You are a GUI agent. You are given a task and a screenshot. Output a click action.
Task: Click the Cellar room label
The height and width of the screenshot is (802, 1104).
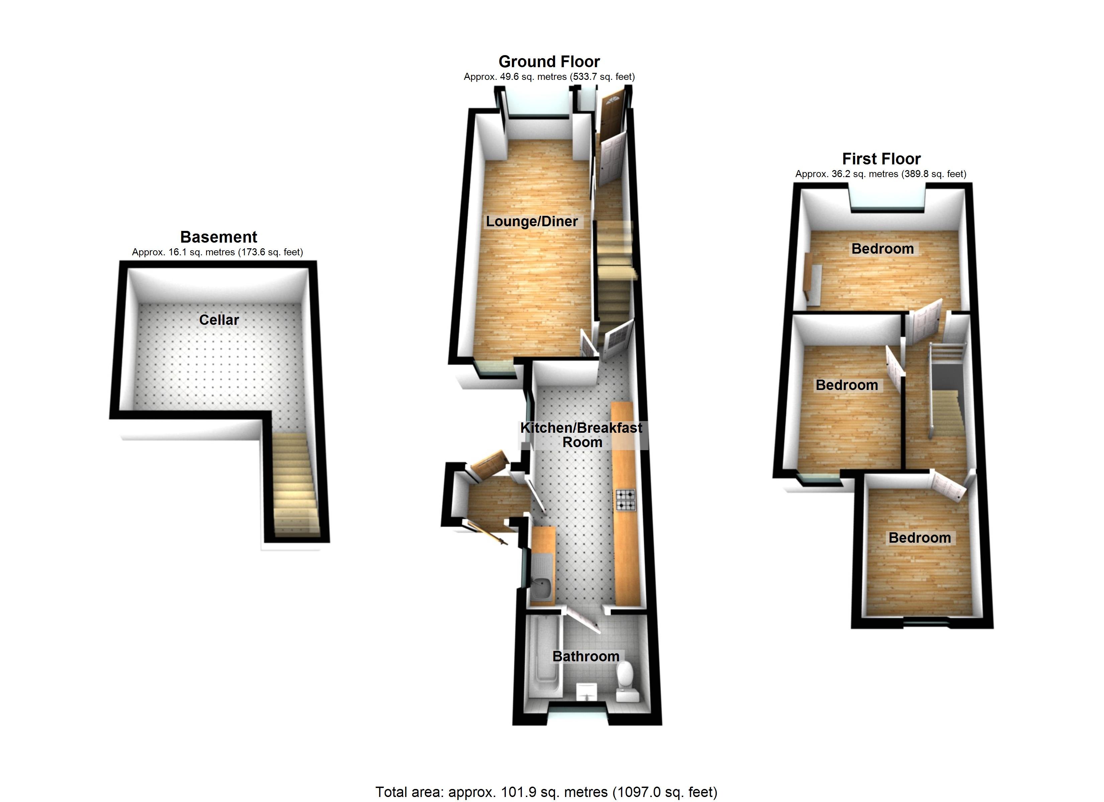pos(219,320)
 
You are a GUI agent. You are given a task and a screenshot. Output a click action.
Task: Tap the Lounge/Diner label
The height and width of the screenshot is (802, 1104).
pos(532,222)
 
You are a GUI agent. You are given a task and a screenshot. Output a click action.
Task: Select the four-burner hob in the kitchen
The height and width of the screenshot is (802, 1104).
pos(626,500)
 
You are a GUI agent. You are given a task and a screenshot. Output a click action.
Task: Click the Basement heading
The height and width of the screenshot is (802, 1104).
pos(218,237)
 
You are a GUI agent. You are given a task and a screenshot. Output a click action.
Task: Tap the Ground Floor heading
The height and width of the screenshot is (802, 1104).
pos(549,62)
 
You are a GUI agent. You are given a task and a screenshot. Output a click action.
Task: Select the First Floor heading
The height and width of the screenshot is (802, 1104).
pos(881,159)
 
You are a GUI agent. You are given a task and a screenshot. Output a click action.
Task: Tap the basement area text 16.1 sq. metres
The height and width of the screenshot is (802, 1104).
pos(217,252)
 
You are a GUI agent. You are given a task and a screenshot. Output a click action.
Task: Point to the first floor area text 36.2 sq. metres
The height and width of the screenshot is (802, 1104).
pos(881,174)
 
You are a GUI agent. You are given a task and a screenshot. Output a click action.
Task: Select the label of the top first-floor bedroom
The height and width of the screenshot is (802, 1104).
pos(883,249)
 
